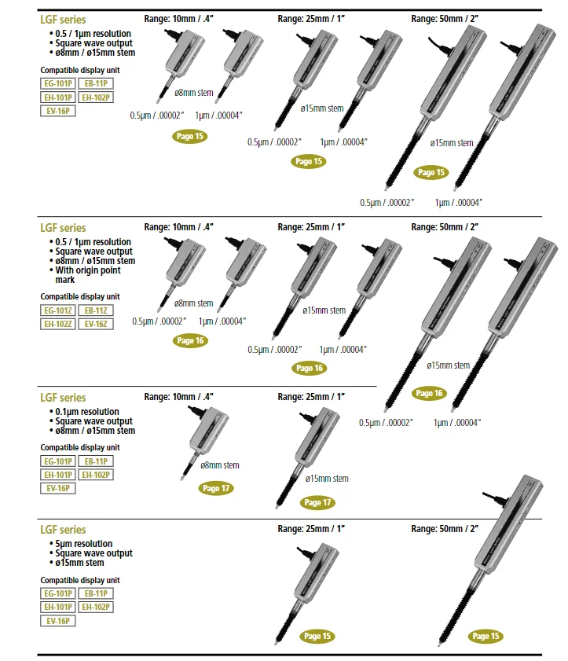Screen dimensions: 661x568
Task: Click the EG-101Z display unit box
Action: (58, 311)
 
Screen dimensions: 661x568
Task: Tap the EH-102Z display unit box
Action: (58, 323)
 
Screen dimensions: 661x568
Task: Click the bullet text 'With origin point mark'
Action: (88, 274)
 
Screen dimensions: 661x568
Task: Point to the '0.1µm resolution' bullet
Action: (87, 412)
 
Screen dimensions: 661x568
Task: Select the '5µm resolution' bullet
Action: (85, 544)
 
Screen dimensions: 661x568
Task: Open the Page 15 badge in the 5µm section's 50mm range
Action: (486, 636)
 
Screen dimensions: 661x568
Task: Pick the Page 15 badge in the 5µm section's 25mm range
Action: (317, 636)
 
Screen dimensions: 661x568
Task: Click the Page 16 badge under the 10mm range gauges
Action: (190, 341)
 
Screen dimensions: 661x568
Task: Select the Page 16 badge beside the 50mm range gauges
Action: (429, 393)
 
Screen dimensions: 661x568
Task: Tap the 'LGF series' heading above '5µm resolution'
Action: (63, 530)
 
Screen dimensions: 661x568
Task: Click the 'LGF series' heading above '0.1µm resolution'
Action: (63, 398)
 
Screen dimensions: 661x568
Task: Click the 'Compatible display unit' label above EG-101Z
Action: (79, 296)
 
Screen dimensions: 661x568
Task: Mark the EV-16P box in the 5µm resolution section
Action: (58, 620)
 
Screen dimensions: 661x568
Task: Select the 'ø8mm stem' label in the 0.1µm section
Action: (220, 465)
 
